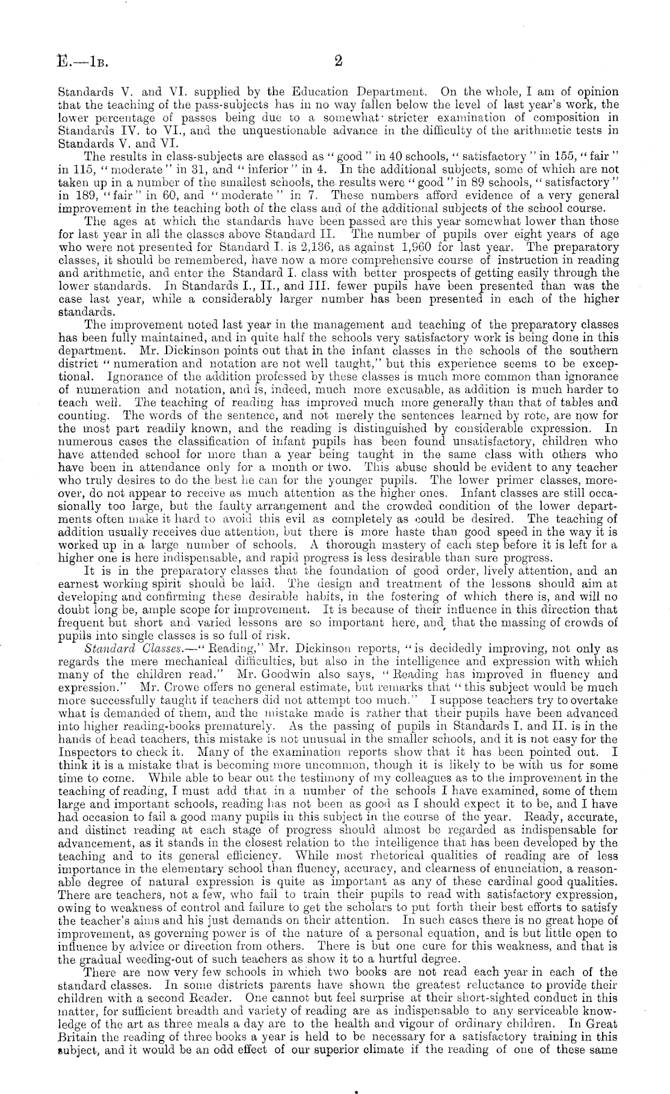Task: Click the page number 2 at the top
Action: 338,60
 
